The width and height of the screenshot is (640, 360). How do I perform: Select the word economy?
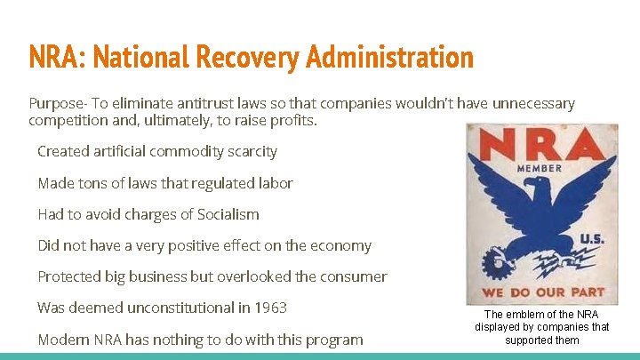tap(340, 245)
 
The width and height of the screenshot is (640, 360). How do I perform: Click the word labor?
tap(273, 183)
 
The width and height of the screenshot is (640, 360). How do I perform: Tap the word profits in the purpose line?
tap(290, 120)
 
